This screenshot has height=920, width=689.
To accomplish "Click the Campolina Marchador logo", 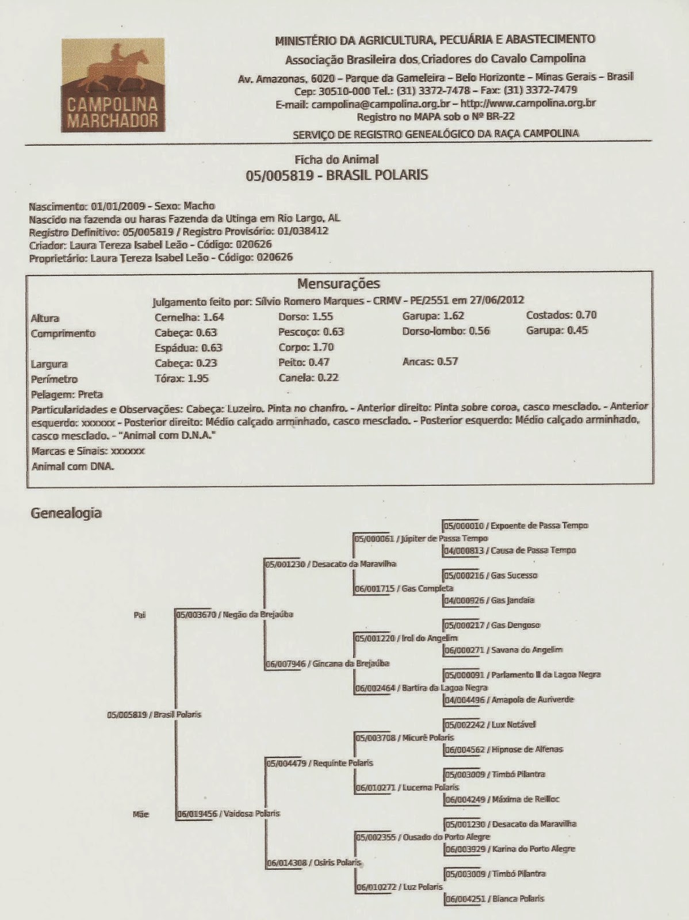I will (x=113, y=85).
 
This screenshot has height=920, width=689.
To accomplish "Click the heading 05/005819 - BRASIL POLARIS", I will (x=337, y=175).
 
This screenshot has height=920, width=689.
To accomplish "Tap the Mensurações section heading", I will (x=339, y=283).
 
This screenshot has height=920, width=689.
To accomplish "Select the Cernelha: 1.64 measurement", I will (x=189, y=317).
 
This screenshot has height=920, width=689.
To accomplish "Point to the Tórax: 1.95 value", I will (x=182, y=378).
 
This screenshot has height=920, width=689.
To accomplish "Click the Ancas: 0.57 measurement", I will (x=430, y=362).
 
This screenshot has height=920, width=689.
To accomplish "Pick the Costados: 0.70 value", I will (x=561, y=315).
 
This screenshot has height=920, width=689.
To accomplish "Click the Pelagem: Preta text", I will (x=67, y=394).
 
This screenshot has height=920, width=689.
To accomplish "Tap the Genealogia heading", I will (x=66, y=513).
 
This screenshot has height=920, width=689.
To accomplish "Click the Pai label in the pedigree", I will (x=140, y=615).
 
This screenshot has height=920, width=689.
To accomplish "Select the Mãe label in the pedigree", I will (x=140, y=814).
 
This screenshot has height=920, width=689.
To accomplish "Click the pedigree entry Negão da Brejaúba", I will (x=235, y=615).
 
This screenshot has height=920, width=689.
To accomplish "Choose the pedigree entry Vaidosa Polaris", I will (x=229, y=814).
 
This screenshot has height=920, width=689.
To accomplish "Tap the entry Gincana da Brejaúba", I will (x=328, y=664).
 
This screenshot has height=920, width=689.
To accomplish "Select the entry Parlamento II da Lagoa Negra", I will (x=523, y=675).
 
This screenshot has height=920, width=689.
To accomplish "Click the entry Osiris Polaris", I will (x=314, y=862).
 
